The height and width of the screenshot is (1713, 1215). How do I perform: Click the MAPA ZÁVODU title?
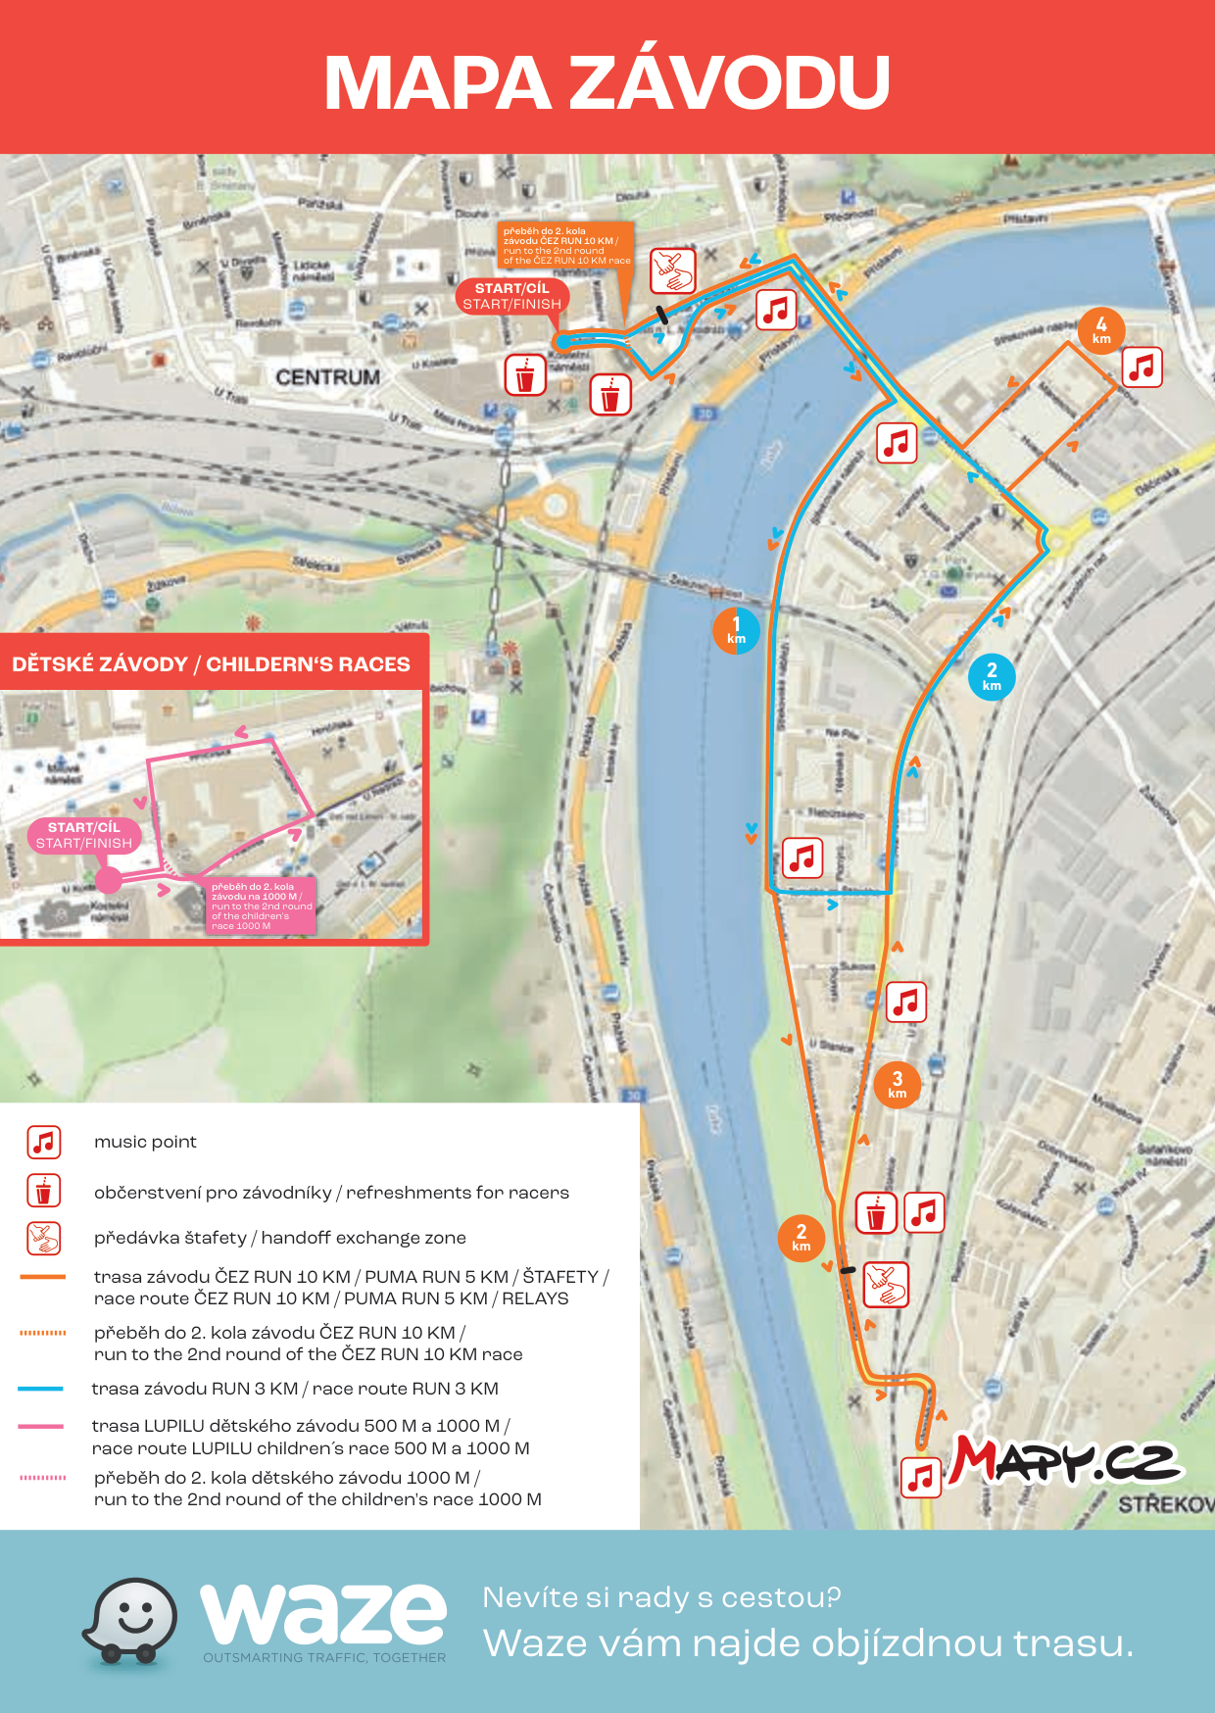(x=607, y=82)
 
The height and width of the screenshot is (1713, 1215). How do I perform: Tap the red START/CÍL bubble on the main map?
(x=512, y=296)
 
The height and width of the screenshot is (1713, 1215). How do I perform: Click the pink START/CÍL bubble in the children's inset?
(x=84, y=835)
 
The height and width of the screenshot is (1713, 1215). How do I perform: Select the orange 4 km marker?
(x=1101, y=330)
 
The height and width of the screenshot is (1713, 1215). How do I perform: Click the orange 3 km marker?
(x=897, y=1085)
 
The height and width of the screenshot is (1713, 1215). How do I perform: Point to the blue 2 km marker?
(x=992, y=676)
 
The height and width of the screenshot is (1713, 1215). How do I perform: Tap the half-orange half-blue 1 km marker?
(x=736, y=630)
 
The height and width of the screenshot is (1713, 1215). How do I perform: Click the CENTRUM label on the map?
(x=327, y=377)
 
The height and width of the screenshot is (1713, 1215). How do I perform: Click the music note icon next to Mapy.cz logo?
(x=921, y=1478)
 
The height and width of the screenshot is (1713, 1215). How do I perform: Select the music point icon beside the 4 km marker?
(x=1142, y=367)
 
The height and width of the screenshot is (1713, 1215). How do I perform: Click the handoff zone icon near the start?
(x=673, y=270)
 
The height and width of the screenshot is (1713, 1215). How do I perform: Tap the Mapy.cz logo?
(x=1066, y=1461)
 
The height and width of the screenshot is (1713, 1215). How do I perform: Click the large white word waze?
(x=323, y=1614)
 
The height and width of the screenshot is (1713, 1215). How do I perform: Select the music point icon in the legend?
(x=44, y=1142)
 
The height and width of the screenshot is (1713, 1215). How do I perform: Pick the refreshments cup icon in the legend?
(x=44, y=1191)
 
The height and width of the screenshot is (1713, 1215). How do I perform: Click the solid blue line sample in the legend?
(x=41, y=1389)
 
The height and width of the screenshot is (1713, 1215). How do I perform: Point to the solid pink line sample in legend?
(x=41, y=1426)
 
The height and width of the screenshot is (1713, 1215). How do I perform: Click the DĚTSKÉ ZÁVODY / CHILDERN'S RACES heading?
(x=212, y=664)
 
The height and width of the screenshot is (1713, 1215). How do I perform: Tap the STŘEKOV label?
(x=1165, y=1504)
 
